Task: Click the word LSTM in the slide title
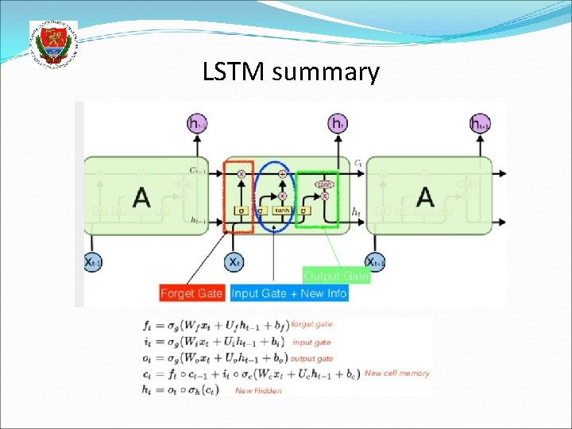(x=234, y=73)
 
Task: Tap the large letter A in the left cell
(x=141, y=196)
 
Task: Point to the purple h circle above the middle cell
(x=338, y=123)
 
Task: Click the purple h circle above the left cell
(x=197, y=123)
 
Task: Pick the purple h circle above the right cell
(x=479, y=123)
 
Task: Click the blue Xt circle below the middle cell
(x=234, y=261)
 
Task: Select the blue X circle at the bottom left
(x=94, y=261)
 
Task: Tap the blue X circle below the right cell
(x=375, y=261)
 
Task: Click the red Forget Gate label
(x=191, y=293)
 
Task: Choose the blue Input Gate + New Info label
(x=289, y=293)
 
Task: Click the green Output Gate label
(x=335, y=276)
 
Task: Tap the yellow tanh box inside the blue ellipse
(x=282, y=211)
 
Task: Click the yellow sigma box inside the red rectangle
(x=240, y=211)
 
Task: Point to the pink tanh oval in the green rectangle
(x=324, y=184)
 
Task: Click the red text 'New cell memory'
(x=397, y=373)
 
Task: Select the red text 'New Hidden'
(x=258, y=390)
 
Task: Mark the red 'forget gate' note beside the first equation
(x=311, y=324)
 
